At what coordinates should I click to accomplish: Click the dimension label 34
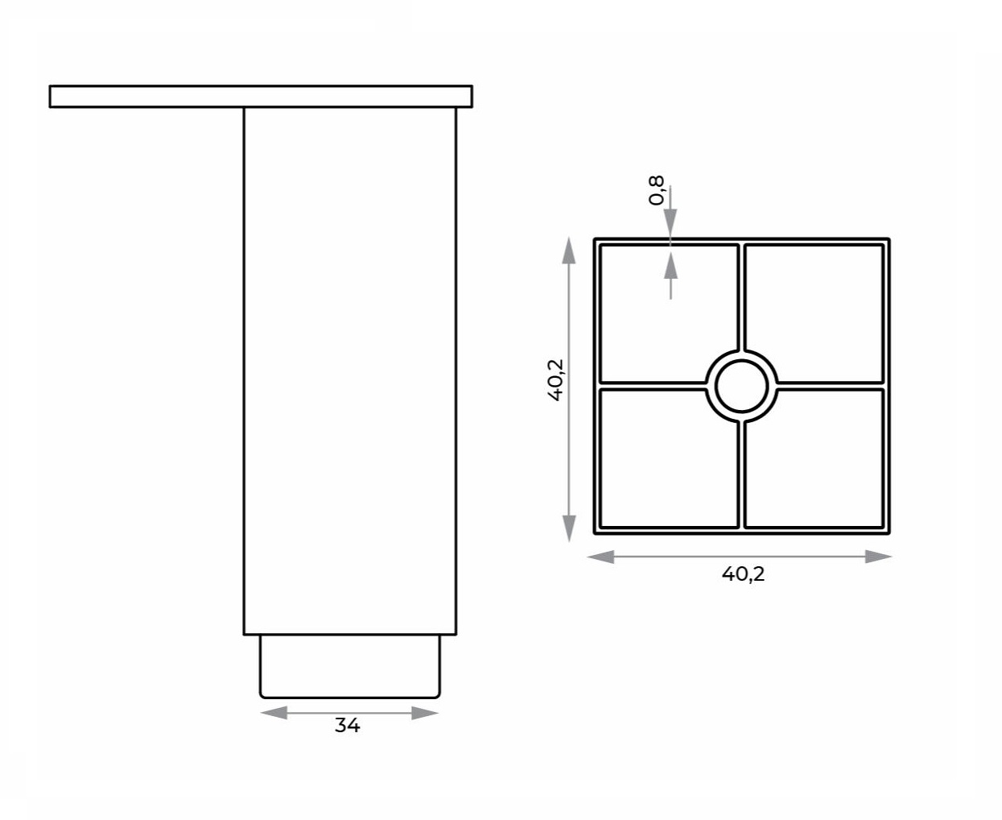(x=348, y=725)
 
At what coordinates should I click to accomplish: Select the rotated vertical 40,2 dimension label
(x=555, y=379)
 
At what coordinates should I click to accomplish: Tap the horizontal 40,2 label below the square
(x=743, y=574)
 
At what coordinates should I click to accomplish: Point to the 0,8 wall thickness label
(x=656, y=190)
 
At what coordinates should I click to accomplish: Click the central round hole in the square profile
(x=742, y=386)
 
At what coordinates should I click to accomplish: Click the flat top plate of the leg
(x=261, y=97)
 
